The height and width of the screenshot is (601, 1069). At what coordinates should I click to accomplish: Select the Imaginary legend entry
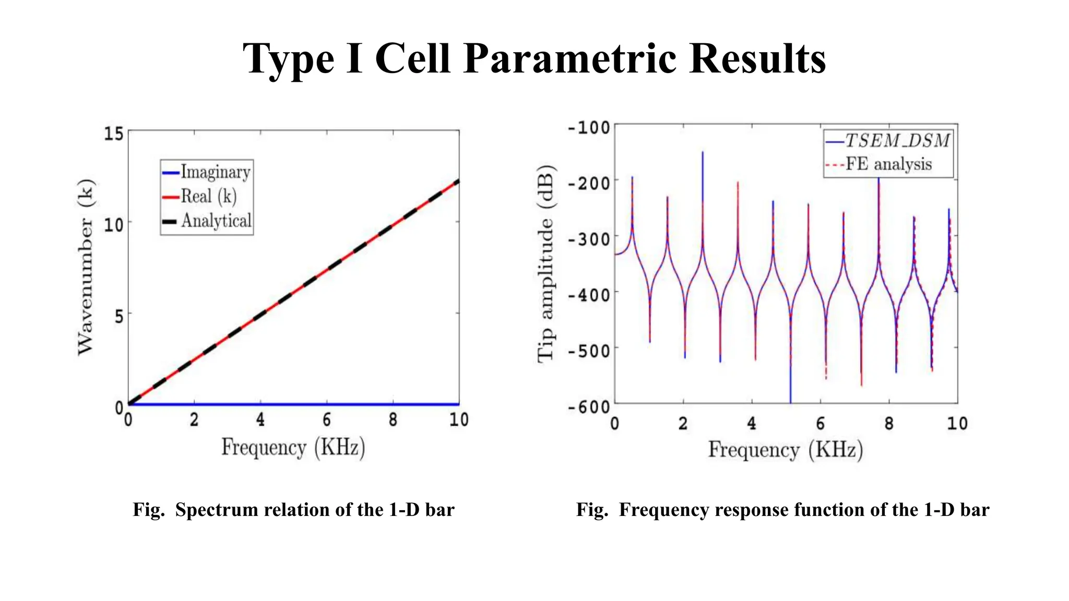(215, 172)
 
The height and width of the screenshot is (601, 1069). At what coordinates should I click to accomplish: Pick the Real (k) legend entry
(208, 197)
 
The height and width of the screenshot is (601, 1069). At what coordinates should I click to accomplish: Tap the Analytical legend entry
(216, 221)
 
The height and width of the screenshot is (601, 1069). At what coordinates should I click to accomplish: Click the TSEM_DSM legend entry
(897, 141)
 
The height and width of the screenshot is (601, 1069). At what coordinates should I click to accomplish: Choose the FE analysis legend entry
(888, 164)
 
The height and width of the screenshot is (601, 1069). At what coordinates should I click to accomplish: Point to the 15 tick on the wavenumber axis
(114, 134)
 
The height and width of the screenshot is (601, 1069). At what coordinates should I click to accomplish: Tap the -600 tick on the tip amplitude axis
(589, 406)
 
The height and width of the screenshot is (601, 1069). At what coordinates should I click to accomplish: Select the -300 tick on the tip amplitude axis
(589, 239)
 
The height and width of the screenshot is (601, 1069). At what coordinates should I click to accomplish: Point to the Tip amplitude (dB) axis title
(545, 263)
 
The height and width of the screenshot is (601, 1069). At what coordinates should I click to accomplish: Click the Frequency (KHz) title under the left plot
(293, 448)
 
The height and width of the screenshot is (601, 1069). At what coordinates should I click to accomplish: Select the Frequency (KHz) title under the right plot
(785, 450)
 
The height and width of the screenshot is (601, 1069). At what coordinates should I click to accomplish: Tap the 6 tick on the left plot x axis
(327, 419)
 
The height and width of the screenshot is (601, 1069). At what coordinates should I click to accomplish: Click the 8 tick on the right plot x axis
(889, 423)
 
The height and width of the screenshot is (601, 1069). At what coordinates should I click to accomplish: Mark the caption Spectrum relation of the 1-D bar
(314, 510)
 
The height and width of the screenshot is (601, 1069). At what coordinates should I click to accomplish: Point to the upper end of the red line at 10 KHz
(458, 181)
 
